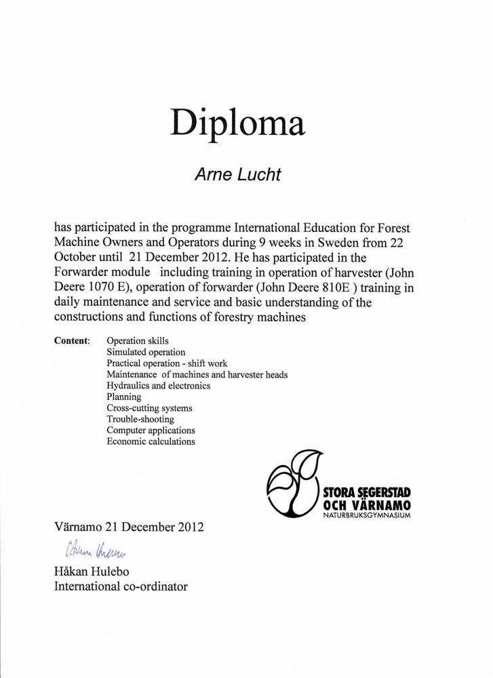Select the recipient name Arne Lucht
coord(237,174)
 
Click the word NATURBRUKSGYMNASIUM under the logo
coord(367,517)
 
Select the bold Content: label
coord(71,341)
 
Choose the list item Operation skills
coord(138,341)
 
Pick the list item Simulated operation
coord(146,353)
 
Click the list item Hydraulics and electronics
coord(158,386)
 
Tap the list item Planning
coord(123,397)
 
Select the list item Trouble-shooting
coord(140,419)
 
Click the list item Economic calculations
coord(151,441)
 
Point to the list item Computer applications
coord(151,431)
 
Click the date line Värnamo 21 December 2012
coord(128,526)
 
